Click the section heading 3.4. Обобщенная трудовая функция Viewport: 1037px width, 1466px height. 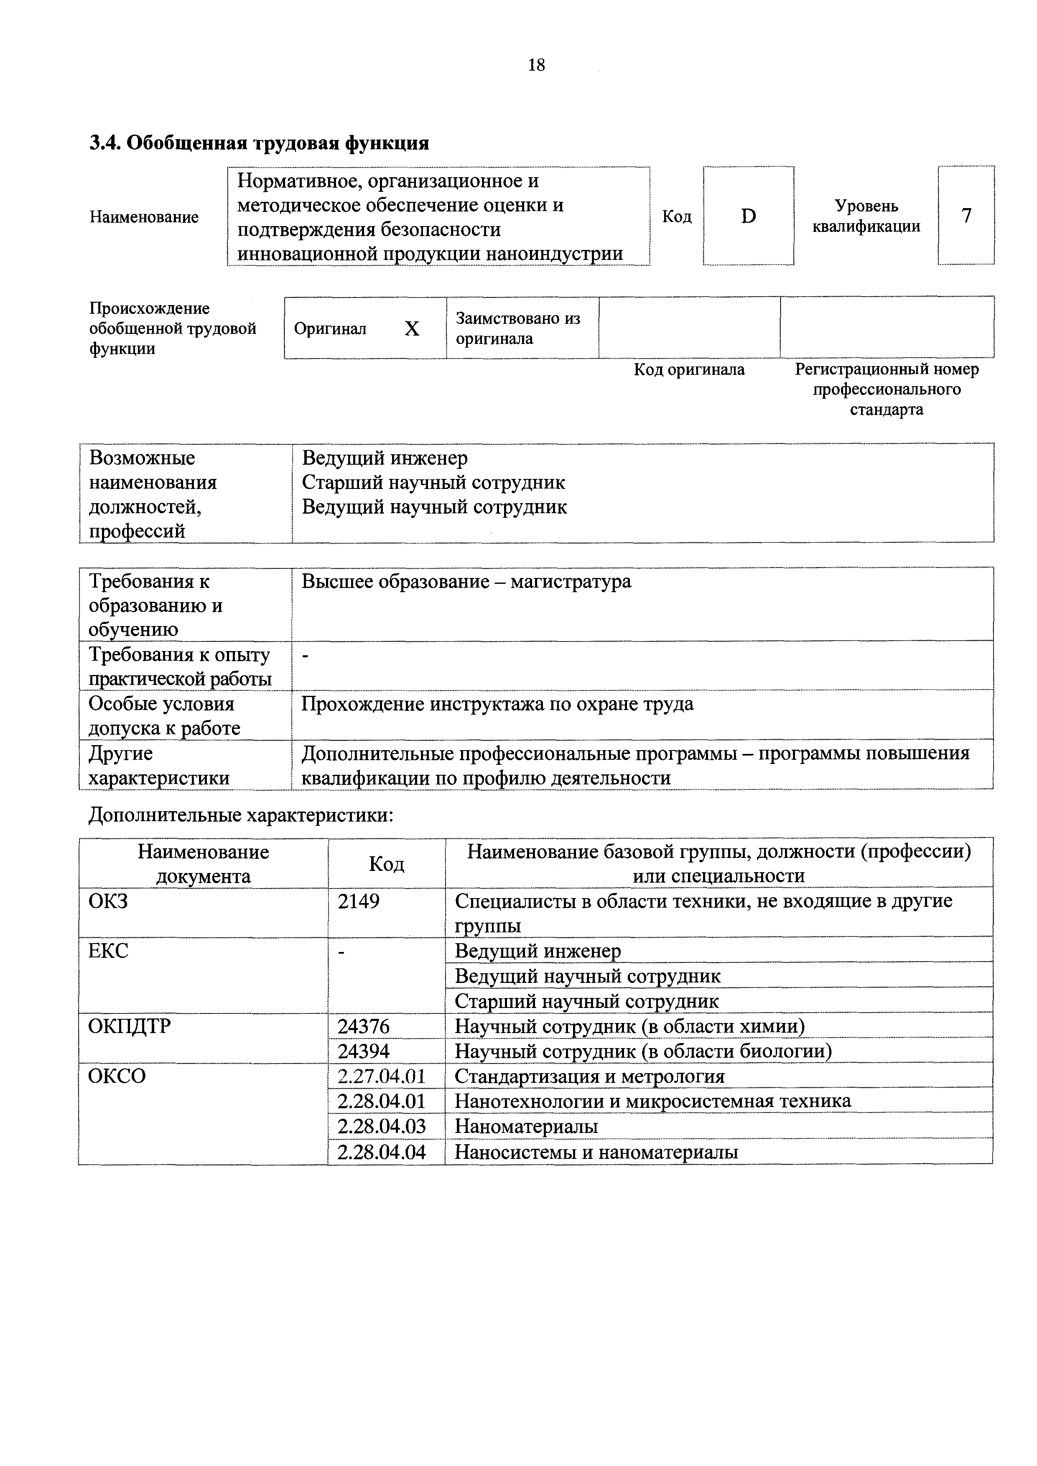259,143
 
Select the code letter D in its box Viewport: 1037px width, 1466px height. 748,216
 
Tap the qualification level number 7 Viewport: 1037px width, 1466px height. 966,216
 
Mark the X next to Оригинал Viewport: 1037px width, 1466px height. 412,328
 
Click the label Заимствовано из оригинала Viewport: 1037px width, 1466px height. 518,328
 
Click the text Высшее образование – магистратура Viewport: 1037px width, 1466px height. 466,582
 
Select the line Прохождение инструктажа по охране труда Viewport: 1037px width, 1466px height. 497,704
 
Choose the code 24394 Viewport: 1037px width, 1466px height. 363,1051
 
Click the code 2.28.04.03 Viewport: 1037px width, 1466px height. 381,1126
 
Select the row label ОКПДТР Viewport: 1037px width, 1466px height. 130,1026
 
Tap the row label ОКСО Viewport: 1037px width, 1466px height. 117,1077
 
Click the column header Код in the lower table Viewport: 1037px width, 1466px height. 386,864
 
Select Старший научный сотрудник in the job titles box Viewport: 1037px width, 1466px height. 433,483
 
